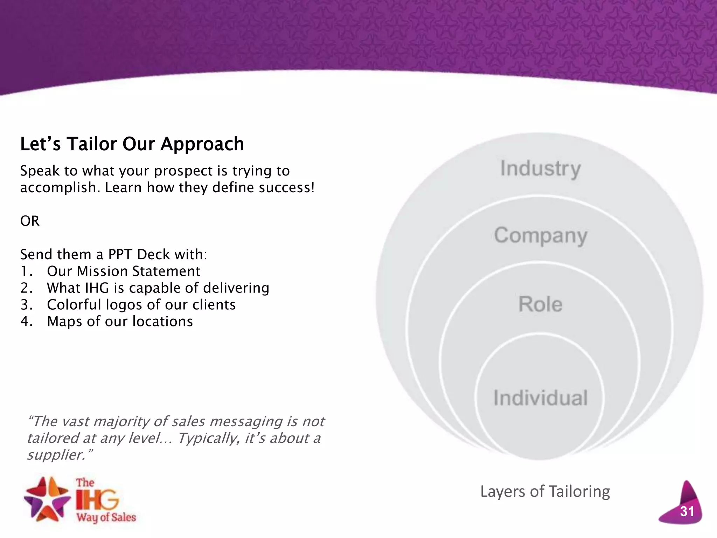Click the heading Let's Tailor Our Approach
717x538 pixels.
click(132, 144)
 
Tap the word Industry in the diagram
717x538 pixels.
click(540, 169)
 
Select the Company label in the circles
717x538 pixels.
click(541, 235)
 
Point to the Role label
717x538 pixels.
click(540, 304)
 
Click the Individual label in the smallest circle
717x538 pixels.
click(540, 398)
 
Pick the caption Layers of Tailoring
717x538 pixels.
click(545, 491)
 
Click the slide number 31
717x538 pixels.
click(687, 511)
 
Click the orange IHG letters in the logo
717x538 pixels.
click(97, 500)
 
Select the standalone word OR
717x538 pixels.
click(30, 221)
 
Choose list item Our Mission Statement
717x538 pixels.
click(123, 271)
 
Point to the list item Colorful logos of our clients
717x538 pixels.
click(141, 305)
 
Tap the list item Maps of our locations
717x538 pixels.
click(120, 322)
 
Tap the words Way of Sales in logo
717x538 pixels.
click(106, 517)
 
